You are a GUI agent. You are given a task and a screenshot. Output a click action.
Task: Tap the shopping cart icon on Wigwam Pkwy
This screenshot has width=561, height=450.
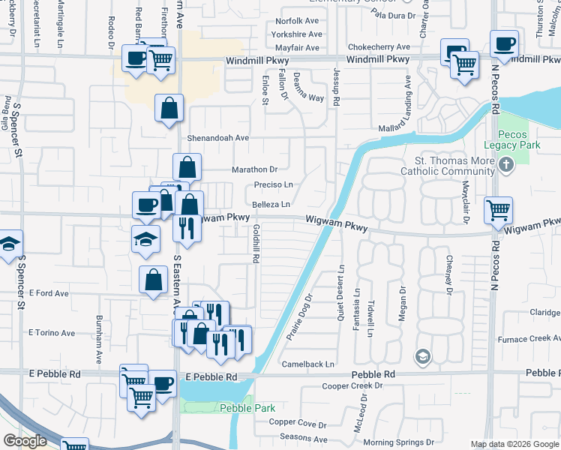[498, 211]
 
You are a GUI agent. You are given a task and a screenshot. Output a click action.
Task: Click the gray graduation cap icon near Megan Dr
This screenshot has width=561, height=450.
[423, 355]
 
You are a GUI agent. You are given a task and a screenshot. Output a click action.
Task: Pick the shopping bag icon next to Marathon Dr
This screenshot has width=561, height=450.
[187, 167]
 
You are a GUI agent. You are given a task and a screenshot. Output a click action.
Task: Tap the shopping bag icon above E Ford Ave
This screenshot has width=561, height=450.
[153, 280]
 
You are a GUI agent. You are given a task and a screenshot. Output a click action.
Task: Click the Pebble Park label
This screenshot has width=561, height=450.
[247, 408]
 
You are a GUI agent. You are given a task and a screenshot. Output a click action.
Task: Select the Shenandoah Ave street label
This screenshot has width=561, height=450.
[217, 138]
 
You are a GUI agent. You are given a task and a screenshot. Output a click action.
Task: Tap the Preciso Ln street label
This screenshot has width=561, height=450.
[273, 184]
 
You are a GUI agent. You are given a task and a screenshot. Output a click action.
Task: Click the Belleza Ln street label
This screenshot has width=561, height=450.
[271, 204]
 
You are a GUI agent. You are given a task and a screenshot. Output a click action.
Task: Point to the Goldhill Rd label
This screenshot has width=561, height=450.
[256, 244]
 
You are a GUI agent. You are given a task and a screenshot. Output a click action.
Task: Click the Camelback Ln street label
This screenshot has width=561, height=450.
[307, 364]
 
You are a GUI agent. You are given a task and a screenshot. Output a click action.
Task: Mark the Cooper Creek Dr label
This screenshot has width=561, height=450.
[352, 386]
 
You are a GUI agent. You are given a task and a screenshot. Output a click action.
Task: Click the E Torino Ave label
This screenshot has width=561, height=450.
[52, 333]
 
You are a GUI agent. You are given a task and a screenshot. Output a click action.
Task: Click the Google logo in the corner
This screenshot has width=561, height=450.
[25, 441]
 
